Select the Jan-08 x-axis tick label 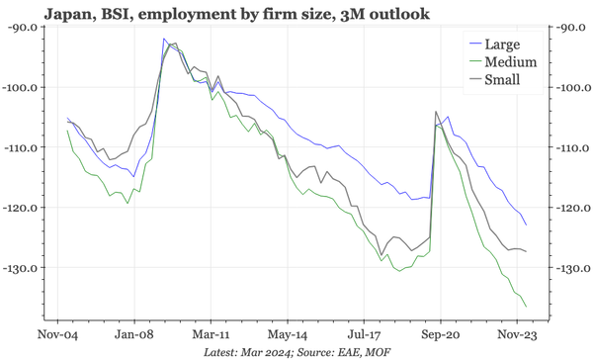click(131, 321)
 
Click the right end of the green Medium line click(527, 307)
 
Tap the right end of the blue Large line click(527, 225)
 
